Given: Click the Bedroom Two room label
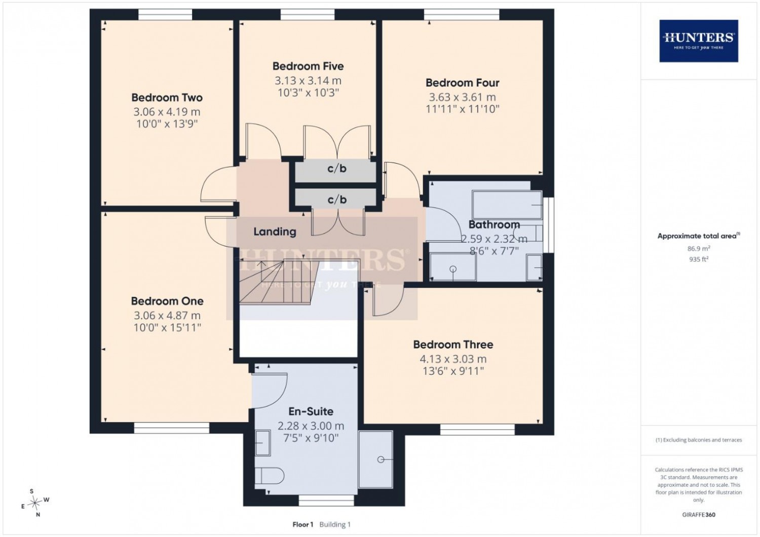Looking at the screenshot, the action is pyautogui.click(x=167, y=98).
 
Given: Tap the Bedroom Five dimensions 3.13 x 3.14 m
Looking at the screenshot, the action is pyautogui.click(x=308, y=81).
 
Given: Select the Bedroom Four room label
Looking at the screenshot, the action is pyautogui.click(x=463, y=83).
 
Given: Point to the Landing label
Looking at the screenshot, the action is pyautogui.click(x=275, y=232).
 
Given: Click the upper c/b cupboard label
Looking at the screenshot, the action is pyautogui.click(x=337, y=169).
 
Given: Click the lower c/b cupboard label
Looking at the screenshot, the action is pyautogui.click(x=337, y=200).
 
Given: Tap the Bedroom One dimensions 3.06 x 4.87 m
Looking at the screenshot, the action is pyautogui.click(x=167, y=316).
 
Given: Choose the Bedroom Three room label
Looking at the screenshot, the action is pyautogui.click(x=453, y=344).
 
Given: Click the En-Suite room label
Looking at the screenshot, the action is pyautogui.click(x=311, y=411).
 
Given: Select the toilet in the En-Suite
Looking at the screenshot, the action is pyautogui.click(x=269, y=476).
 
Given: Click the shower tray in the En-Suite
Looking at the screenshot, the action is pyautogui.click(x=375, y=459).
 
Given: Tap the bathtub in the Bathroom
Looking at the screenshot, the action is pyautogui.click(x=507, y=205).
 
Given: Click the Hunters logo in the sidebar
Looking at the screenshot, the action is pyautogui.click(x=699, y=41).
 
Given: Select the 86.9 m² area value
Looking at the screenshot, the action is pyautogui.click(x=699, y=248).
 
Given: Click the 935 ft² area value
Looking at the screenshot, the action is pyautogui.click(x=699, y=259).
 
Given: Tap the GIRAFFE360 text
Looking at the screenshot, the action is pyautogui.click(x=699, y=515).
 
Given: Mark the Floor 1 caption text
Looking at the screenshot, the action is pyautogui.click(x=302, y=524).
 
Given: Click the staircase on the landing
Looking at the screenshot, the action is pyautogui.click(x=279, y=282).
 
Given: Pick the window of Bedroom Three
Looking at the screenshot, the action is pyautogui.click(x=477, y=430).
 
